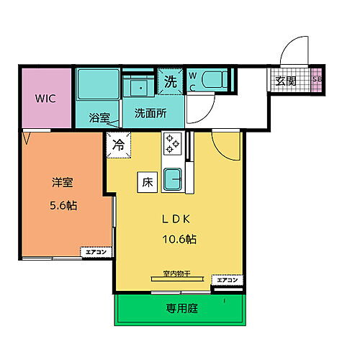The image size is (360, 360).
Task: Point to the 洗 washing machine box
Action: coord(171,80)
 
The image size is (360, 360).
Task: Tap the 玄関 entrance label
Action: coord(287,81)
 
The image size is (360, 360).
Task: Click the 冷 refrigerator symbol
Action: coord(117,144)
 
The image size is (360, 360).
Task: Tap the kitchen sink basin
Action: coord(172,178)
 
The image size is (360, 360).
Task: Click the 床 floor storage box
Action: coord(145,183)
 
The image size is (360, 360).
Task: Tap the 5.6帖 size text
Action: coord(63,205)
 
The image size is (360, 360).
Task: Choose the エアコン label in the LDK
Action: coord(228,279)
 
